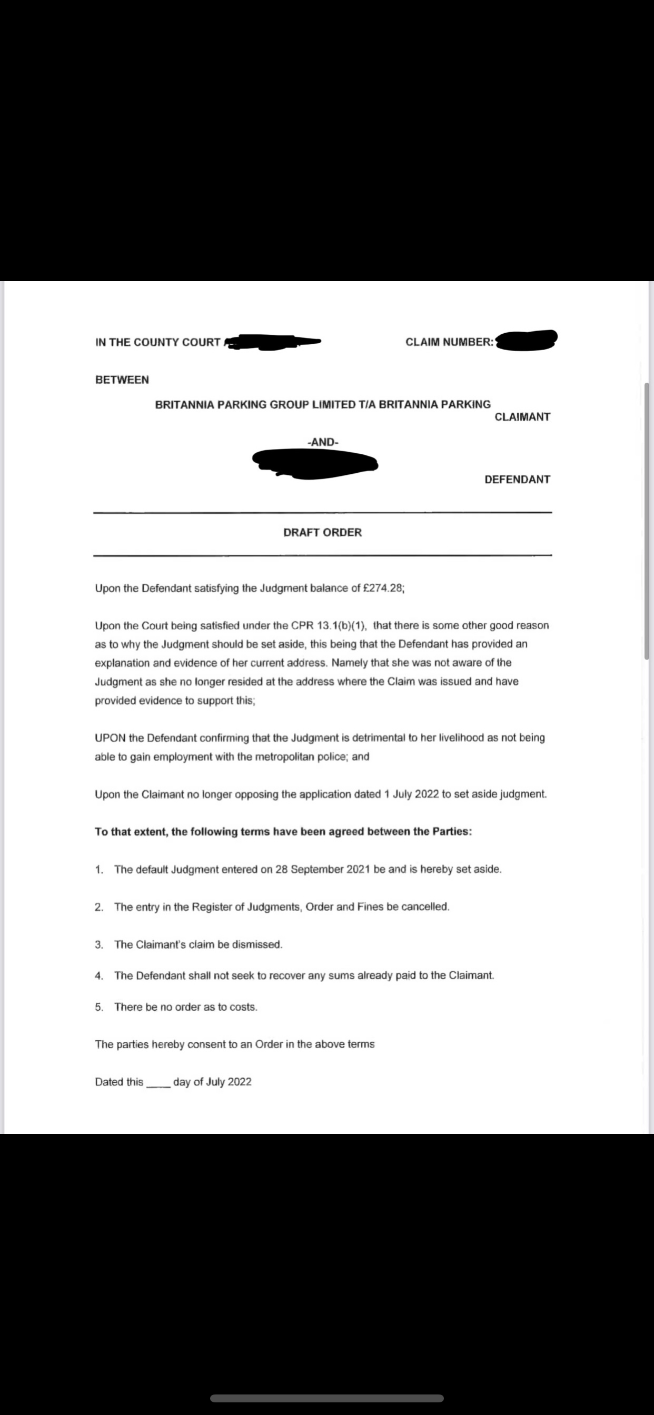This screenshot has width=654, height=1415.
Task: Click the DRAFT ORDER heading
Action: (x=323, y=532)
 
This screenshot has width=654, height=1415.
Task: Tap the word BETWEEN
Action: (x=122, y=380)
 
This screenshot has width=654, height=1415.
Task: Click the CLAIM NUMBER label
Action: (x=449, y=342)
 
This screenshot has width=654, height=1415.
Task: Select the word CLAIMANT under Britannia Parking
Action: (x=522, y=416)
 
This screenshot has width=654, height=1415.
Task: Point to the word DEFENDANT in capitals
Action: (x=517, y=479)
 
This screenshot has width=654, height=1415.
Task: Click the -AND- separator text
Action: (x=323, y=442)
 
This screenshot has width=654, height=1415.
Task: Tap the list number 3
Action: (x=99, y=944)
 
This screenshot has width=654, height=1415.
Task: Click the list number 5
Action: (x=99, y=1007)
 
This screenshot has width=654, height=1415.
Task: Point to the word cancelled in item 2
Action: (x=425, y=906)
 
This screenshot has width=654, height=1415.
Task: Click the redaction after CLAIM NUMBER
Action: (x=527, y=341)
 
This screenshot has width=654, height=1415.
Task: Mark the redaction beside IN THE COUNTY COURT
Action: (x=272, y=342)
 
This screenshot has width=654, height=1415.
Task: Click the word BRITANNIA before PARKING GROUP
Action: (x=185, y=404)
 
